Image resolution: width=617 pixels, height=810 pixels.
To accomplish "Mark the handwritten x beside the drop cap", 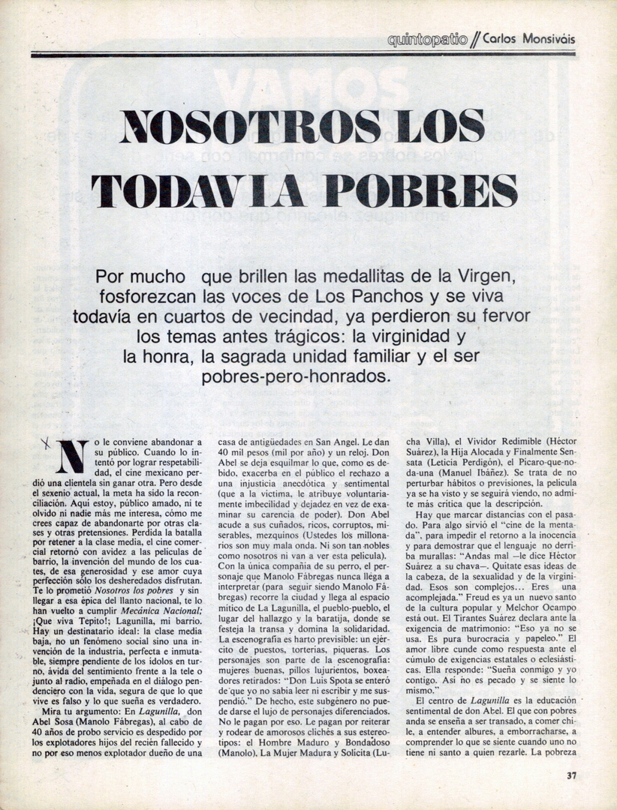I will point(47,444).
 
